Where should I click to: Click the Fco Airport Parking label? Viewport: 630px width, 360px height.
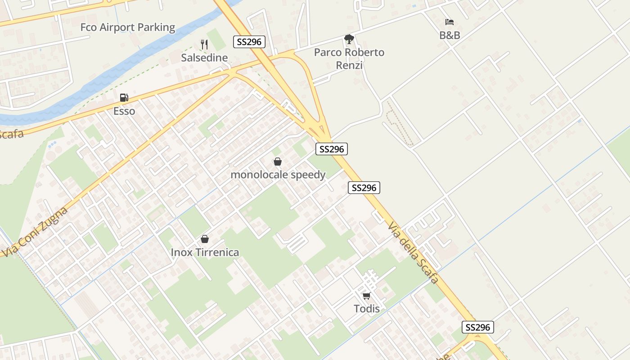click(128, 27)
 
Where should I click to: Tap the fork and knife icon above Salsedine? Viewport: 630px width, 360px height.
click(204, 44)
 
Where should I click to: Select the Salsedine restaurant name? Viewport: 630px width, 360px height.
click(204, 58)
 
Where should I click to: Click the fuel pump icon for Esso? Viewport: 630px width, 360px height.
click(124, 97)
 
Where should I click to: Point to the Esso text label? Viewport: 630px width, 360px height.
click(124, 111)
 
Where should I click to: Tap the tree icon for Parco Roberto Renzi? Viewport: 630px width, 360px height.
click(349, 39)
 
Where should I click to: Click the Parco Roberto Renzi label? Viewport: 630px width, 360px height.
click(349, 58)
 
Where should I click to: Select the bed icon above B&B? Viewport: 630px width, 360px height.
click(449, 22)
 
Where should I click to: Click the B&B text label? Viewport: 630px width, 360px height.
click(450, 35)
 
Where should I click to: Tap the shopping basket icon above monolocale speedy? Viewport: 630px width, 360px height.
click(278, 162)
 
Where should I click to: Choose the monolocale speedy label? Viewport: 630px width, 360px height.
click(278, 175)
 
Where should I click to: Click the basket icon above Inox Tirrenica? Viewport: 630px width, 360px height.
click(205, 239)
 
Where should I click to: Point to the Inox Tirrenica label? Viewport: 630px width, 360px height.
click(205, 252)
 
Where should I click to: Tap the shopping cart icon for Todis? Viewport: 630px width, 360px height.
click(366, 296)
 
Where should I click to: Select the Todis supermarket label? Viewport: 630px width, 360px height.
click(366, 309)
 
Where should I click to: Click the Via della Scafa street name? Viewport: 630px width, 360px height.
click(413, 252)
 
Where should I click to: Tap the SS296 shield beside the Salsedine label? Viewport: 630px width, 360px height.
click(249, 42)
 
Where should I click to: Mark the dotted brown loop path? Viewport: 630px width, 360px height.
click(398, 124)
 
